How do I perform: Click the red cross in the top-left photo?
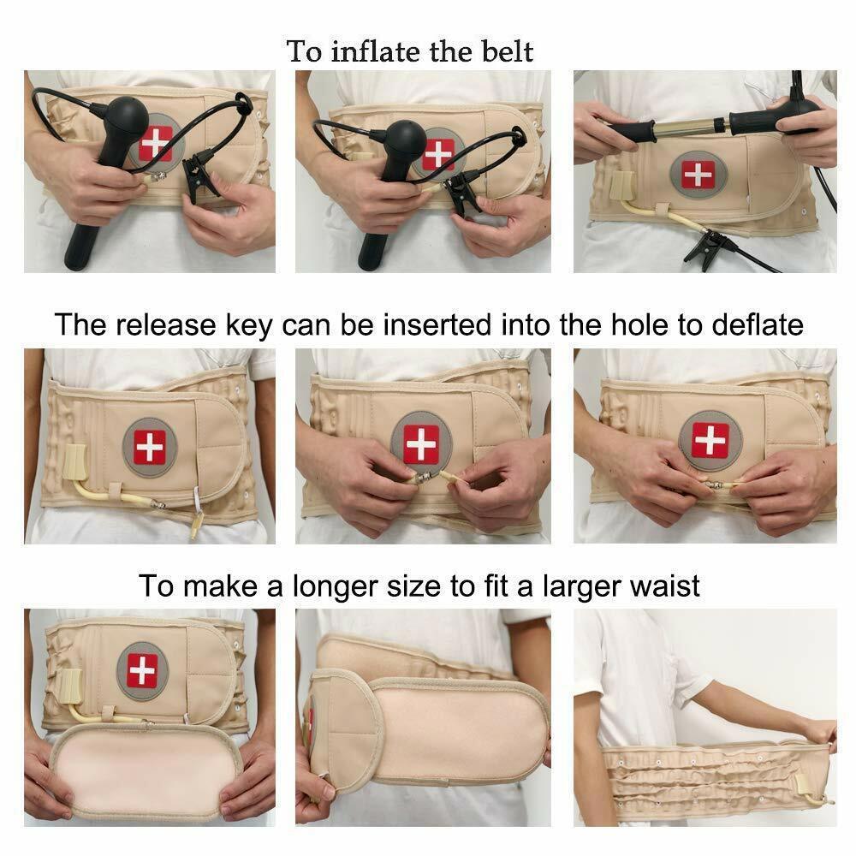tap(157, 142)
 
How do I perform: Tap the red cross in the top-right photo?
tap(698, 175)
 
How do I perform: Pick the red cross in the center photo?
tap(420, 443)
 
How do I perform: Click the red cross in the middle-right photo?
tap(710, 439)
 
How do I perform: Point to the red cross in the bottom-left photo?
tap(142, 670)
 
